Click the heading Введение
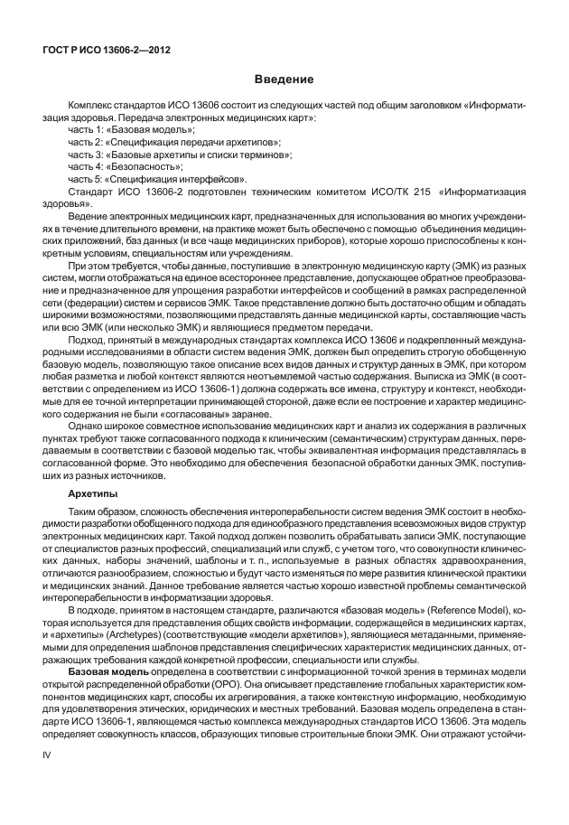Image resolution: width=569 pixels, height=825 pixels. point(284,80)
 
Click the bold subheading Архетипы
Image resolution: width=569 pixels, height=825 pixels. point(93,494)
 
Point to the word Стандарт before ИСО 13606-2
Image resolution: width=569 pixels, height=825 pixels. point(93,192)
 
